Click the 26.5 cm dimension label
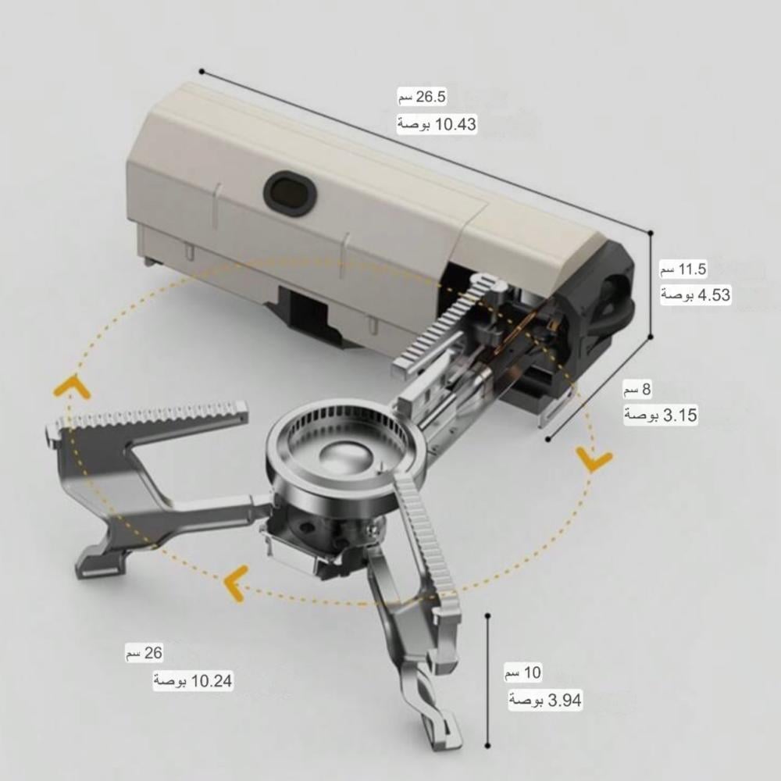[422, 96]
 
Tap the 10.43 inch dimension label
[437, 124]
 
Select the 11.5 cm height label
[683, 269]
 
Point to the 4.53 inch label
[696, 295]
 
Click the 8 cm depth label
[637, 389]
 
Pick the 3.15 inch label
[661, 415]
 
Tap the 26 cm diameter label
[144, 652]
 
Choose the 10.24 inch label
[193, 680]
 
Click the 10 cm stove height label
[522, 672]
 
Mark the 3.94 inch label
[545, 701]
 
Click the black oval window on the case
[290, 193]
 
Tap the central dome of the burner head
[344, 455]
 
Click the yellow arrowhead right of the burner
[594, 458]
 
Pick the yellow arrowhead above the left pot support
[72, 386]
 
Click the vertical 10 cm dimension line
[488, 680]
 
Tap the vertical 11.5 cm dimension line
[651, 284]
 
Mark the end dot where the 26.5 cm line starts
[201, 72]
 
